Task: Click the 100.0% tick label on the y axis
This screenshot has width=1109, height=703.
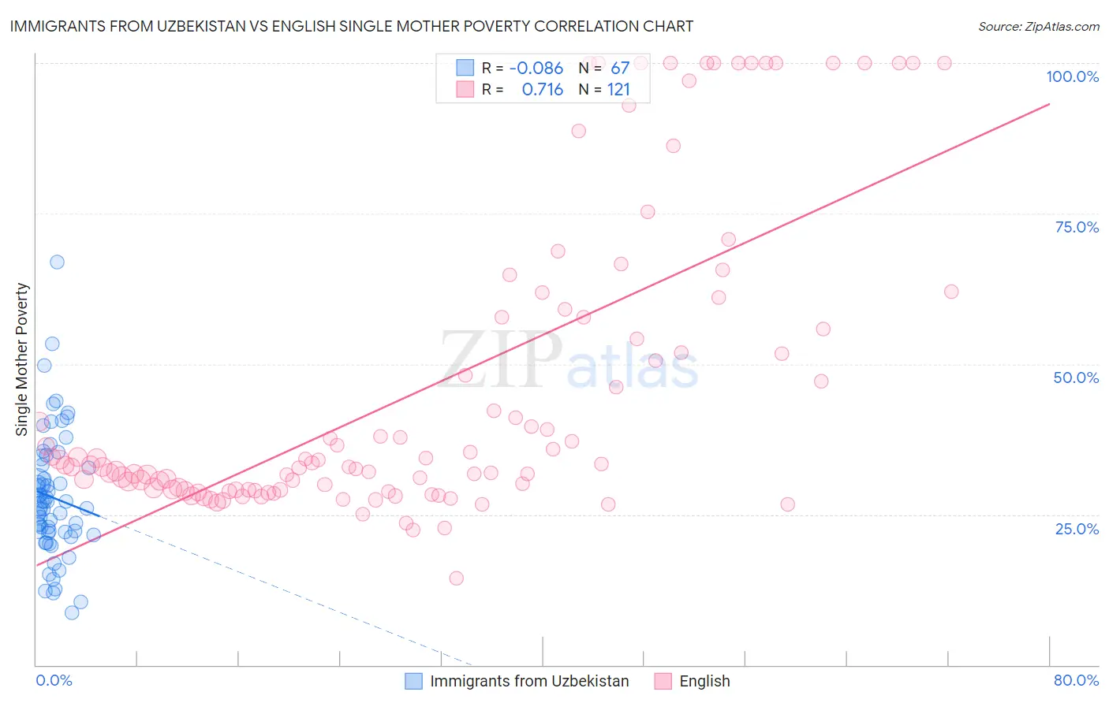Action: click(1072, 76)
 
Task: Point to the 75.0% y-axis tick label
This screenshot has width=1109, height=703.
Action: click(1077, 227)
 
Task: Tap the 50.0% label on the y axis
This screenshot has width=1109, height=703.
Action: click(1076, 378)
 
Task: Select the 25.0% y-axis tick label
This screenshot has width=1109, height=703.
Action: click(1077, 528)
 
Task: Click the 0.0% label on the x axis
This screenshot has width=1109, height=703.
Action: click(54, 680)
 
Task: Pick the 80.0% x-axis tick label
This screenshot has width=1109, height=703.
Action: click(1076, 680)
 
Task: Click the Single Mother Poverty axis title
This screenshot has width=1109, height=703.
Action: click(22, 359)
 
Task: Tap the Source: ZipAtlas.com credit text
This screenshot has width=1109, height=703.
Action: click(1038, 26)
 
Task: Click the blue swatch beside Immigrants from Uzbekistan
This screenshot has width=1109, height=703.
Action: click(414, 681)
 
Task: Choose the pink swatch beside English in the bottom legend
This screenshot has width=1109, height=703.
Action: click(663, 681)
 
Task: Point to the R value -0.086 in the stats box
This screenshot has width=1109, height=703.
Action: click(536, 69)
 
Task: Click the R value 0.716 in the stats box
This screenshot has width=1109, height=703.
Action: click(543, 90)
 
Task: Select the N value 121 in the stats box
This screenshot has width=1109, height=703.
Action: click(618, 90)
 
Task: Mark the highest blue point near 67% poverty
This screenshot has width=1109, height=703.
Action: click(57, 262)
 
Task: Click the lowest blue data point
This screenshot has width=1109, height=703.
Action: click(72, 612)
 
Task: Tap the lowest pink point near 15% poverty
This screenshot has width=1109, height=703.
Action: click(456, 578)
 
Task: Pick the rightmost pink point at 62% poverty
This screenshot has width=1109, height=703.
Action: click(951, 292)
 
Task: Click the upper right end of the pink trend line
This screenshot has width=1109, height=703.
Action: click(1049, 104)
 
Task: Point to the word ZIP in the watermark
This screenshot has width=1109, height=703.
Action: click(501, 360)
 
